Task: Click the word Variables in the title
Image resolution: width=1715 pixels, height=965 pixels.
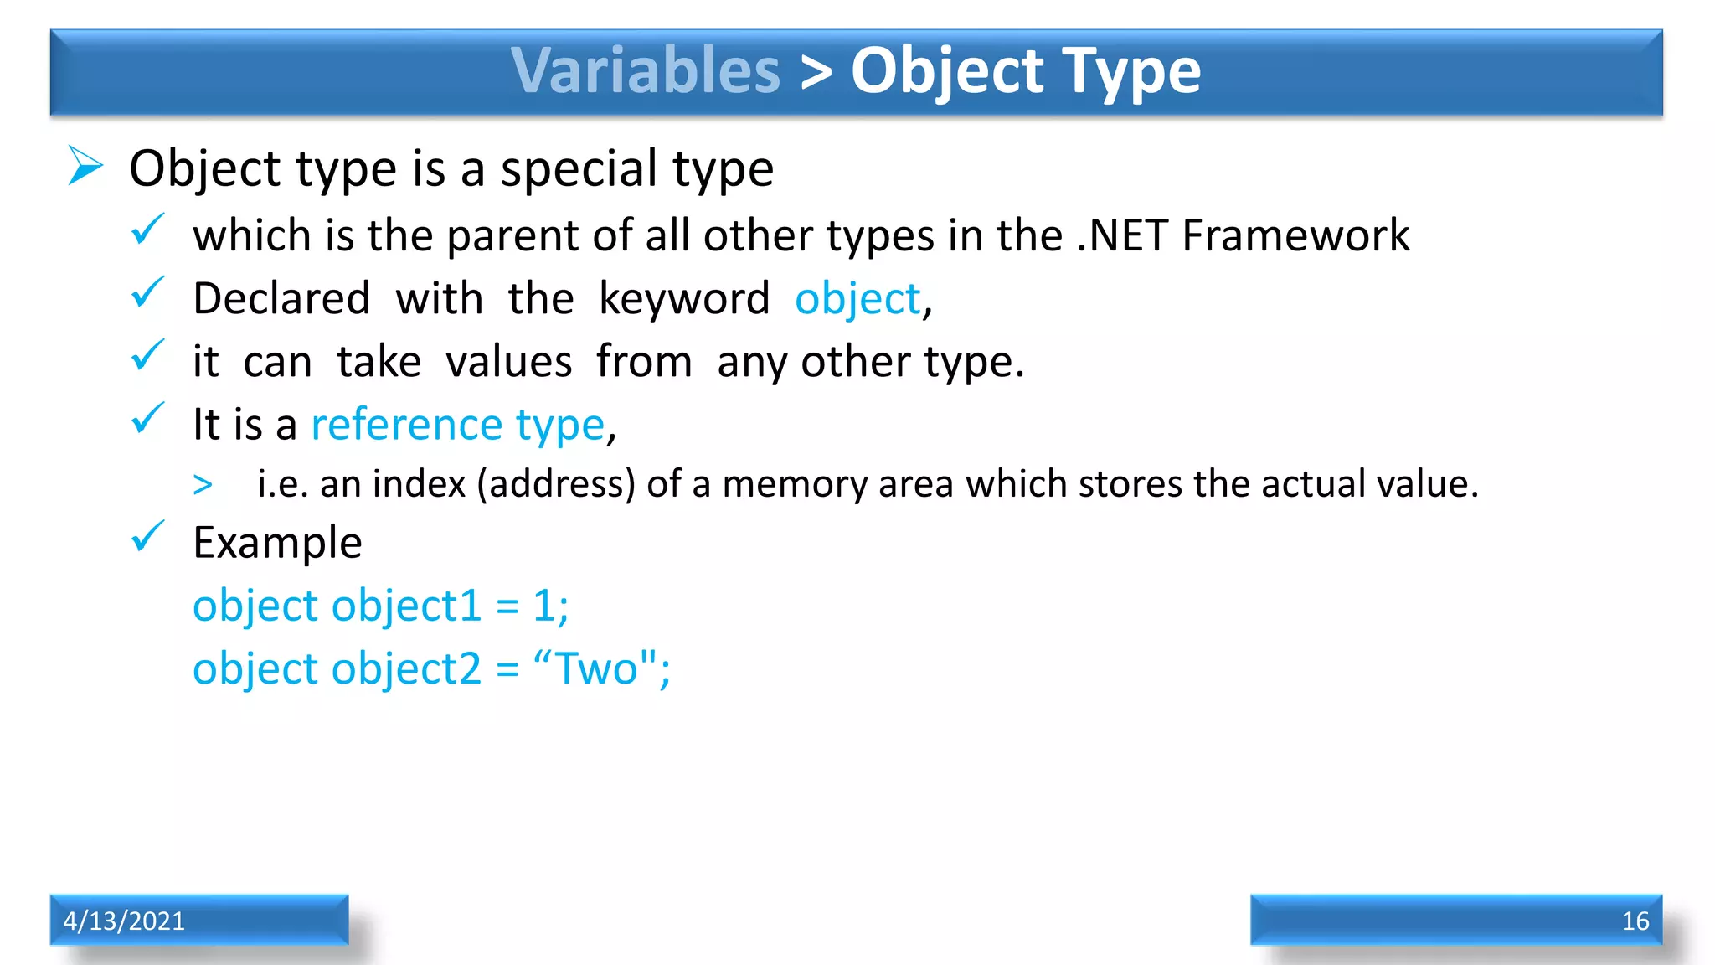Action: click(x=646, y=70)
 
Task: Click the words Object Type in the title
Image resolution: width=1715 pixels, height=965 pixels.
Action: click(x=1026, y=70)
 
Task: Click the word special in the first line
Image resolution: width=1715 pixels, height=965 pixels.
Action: click(x=579, y=168)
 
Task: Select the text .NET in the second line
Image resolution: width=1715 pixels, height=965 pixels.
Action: click(x=1122, y=235)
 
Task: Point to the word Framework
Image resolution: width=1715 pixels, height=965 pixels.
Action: click(x=1295, y=235)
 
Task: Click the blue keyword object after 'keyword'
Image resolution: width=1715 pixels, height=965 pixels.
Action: click(x=857, y=299)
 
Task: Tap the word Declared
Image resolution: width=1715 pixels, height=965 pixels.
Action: click(x=281, y=299)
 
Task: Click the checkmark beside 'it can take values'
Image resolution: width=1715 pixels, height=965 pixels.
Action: click(x=148, y=356)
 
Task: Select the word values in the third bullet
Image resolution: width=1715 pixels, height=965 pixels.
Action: click(x=508, y=362)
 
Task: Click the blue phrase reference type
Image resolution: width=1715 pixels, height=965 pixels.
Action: click(x=457, y=425)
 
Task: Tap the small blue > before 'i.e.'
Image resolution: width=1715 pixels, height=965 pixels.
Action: click(x=203, y=484)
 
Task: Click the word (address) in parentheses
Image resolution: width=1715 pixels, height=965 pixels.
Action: click(x=556, y=484)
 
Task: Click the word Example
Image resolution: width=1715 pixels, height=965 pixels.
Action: click(x=277, y=543)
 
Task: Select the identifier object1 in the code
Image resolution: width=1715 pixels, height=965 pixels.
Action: click(x=407, y=606)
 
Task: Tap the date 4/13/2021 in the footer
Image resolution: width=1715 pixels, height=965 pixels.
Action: click(x=124, y=921)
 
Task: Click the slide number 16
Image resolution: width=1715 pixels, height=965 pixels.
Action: click(x=1635, y=921)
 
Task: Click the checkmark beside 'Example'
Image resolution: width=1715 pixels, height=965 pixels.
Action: click(x=148, y=537)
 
